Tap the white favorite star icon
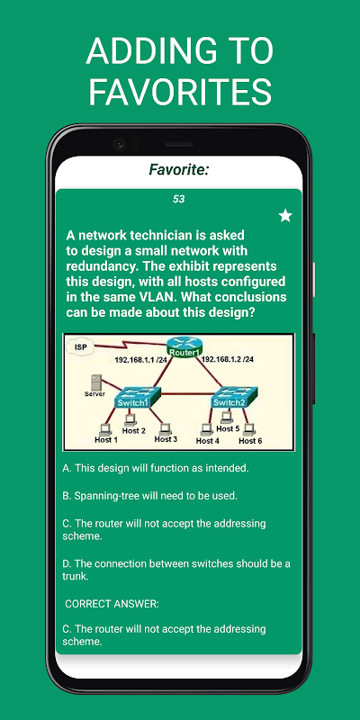pyautogui.click(x=285, y=215)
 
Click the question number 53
pyautogui.click(x=178, y=199)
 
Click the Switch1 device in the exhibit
pyautogui.click(x=138, y=397)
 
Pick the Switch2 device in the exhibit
pyautogui.click(x=234, y=397)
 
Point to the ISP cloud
pyautogui.click(x=81, y=347)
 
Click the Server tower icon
pyautogui.click(x=96, y=382)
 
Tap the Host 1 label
pyautogui.click(x=106, y=440)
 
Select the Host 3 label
pyautogui.click(x=166, y=439)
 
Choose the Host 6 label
pyautogui.click(x=250, y=441)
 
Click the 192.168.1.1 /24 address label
pyautogui.click(x=140, y=361)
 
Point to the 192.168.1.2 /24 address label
pyautogui.click(x=228, y=359)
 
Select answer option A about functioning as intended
pyautogui.click(x=155, y=468)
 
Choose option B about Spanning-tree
pyautogui.click(x=149, y=496)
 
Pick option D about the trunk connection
pyautogui.click(x=176, y=570)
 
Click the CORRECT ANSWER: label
pyautogui.click(x=112, y=604)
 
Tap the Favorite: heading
pyautogui.click(x=179, y=170)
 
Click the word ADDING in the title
pyautogui.click(x=144, y=50)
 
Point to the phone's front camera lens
pyautogui.click(x=120, y=144)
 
